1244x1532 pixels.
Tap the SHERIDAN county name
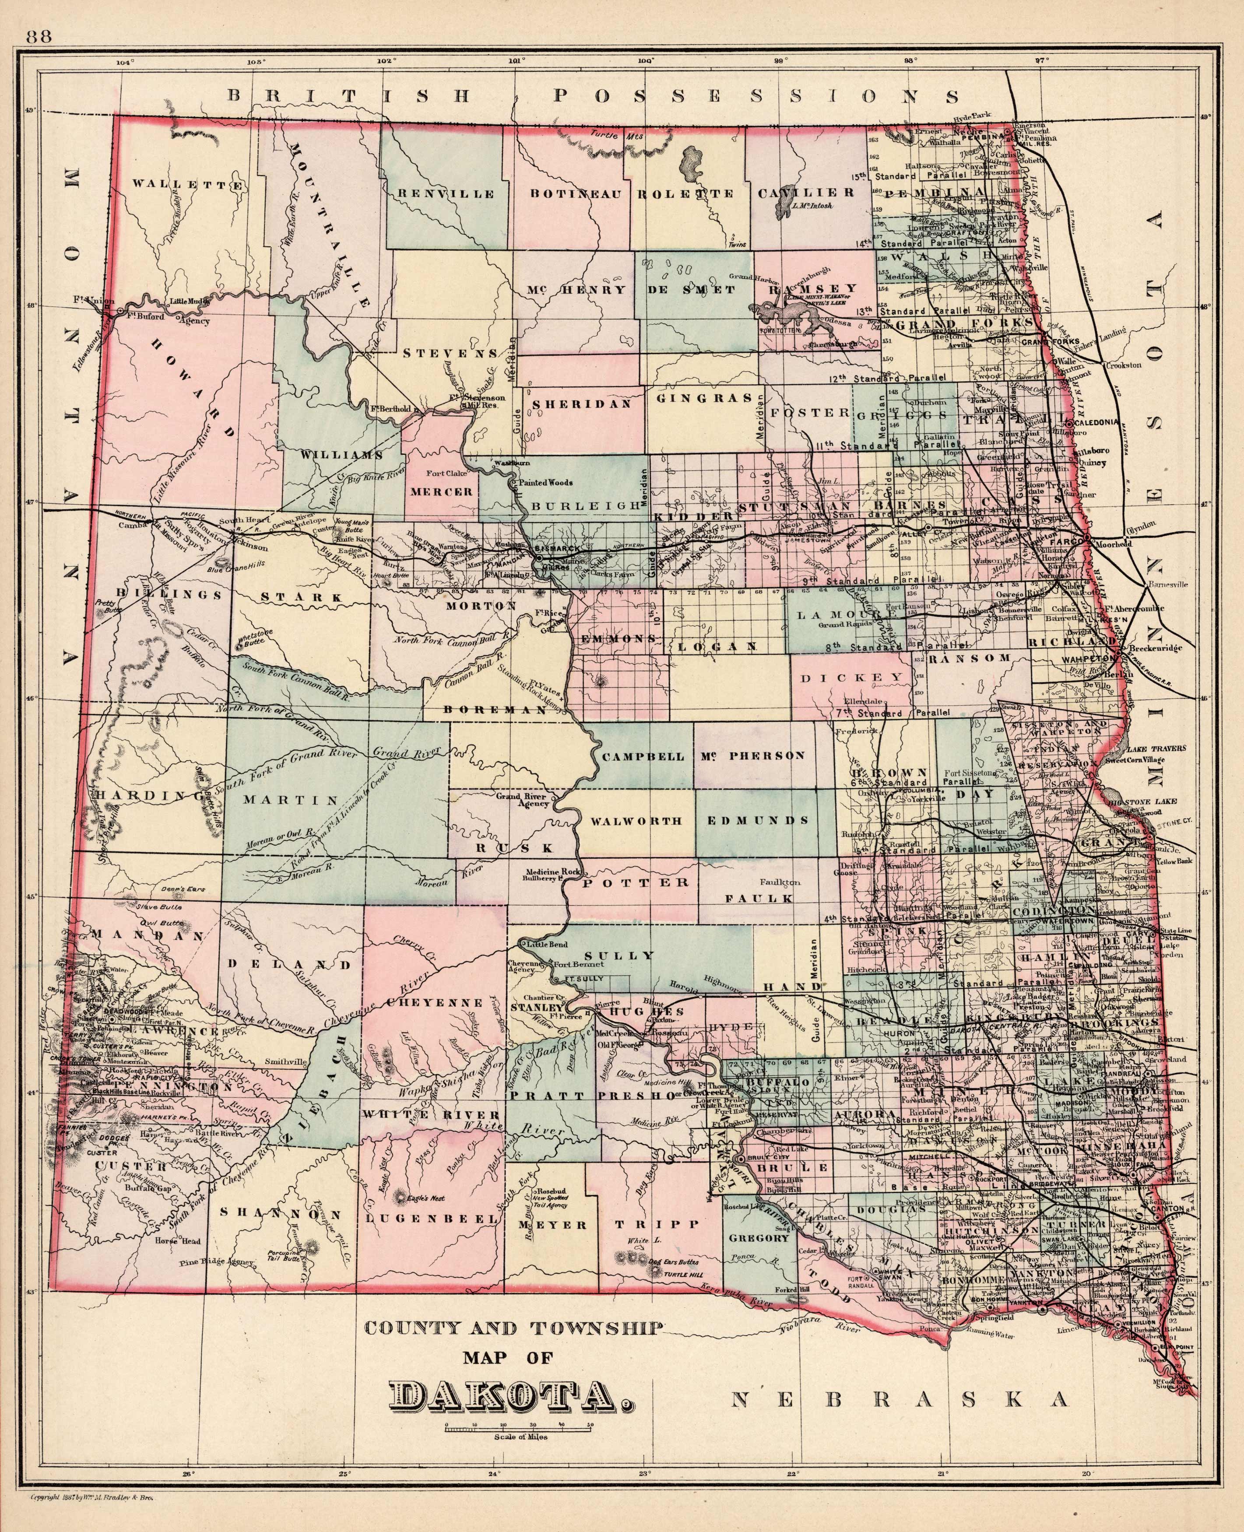point(581,404)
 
